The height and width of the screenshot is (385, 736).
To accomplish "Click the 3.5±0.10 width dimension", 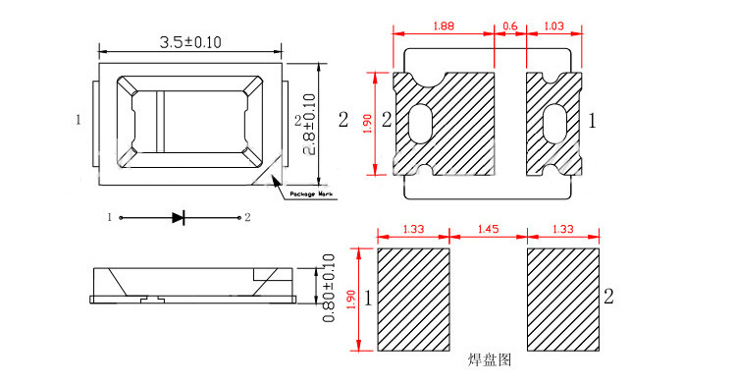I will (x=190, y=41).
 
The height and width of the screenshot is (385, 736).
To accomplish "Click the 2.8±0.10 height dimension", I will (x=309, y=124).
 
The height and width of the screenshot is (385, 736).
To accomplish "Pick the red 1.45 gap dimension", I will (x=487, y=229).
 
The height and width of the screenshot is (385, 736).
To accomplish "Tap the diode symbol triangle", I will (x=178, y=217).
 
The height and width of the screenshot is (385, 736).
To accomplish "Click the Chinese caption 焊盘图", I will (x=491, y=360).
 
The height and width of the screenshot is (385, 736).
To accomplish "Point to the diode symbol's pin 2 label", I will (x=247, y=217).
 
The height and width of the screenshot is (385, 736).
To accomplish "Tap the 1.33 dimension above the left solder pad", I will (x=412, y=229).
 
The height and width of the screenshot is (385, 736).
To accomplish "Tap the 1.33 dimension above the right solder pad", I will (x=563, y=229).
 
